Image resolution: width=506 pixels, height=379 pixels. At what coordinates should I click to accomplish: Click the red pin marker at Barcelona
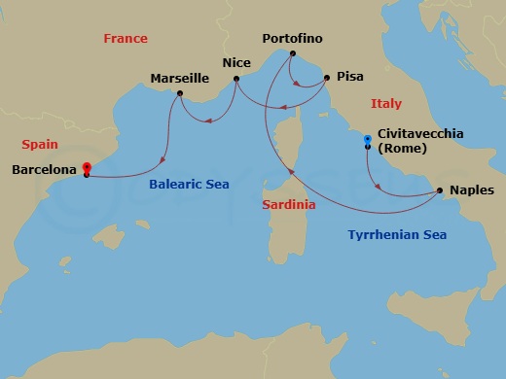coord(87,168)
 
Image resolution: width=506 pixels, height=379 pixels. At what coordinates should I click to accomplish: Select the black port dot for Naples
coord(440,190)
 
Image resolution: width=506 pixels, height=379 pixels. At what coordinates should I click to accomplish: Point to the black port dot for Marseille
coord(179,94)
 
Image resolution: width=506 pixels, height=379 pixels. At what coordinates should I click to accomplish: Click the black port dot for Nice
coord(236,80)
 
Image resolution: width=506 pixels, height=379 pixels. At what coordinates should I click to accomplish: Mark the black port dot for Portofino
coord(292,54)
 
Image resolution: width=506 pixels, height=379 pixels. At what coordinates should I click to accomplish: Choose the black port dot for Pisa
coord(327,76)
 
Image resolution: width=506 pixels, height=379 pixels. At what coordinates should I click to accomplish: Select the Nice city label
coord(236,62)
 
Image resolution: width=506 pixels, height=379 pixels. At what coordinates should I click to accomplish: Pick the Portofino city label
coord(293,38)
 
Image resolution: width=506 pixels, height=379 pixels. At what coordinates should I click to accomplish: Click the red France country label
coord(126,38)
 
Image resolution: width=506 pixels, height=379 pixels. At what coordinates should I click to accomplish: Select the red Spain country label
coord(41,144)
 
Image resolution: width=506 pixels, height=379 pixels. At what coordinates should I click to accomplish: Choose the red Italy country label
coord(385,103)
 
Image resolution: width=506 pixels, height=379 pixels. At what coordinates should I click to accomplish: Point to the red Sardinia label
coord(290,205)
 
